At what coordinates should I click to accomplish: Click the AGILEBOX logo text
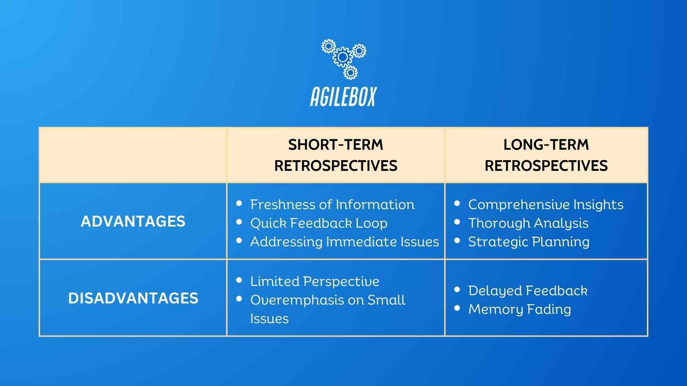click(343, 96)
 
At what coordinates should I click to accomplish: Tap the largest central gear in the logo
click(342, 57)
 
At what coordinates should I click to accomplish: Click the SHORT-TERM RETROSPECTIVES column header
click(336, 155)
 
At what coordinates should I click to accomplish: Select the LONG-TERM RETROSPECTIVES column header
click(546, 155)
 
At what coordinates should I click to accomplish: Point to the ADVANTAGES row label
click(133, 222)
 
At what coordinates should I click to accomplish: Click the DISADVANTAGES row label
click(133, 298)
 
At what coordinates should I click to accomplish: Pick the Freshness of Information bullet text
click(332, 204)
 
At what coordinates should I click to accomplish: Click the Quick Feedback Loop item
click(318, 223)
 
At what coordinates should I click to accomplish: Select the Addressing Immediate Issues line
click(344, 242)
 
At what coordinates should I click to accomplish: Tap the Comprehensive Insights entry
click(546, 204)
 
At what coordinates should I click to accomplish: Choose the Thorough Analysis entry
click(528, 223)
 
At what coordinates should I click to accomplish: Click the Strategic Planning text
click(528, 242)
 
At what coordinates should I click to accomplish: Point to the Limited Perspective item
click(315, 281)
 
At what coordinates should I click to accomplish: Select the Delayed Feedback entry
click(528, 291)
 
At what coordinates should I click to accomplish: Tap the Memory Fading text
click(520, 309)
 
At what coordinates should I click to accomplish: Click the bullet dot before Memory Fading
click(457, 308)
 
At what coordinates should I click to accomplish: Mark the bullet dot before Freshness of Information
click(239, 203)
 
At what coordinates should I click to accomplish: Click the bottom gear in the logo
click(350, 73)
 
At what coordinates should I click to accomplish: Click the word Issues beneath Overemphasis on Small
click(269, 318)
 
